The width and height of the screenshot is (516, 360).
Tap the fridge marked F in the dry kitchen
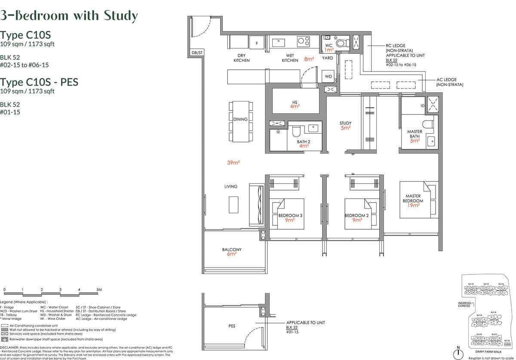(x=257, y=43)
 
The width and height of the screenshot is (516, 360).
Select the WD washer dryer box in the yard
(x=329, y=77)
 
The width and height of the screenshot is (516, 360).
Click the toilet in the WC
(x=343, y=43)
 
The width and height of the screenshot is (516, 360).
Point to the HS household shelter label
(x=295, y=102)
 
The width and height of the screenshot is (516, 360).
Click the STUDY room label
(x=345, y=123)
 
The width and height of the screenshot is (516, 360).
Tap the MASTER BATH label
(x=415, y=134)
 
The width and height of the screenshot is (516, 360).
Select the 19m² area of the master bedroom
(x=413, y=206)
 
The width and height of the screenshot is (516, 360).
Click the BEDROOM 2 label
(x=356, y=215)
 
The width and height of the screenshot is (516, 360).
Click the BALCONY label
(x=232, y=249)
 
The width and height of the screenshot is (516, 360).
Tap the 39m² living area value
(x=233, y=163)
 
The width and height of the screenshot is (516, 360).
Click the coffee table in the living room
(x=233, y=204)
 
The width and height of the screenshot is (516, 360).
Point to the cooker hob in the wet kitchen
(x=304, y=41)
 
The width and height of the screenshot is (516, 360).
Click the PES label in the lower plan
(x=232, y=326)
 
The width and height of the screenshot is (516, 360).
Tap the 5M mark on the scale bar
(x=99, y=290)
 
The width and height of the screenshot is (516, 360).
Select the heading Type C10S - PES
(x=39, y=82)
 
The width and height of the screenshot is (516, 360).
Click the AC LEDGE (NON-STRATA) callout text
(x=449, y=82)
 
